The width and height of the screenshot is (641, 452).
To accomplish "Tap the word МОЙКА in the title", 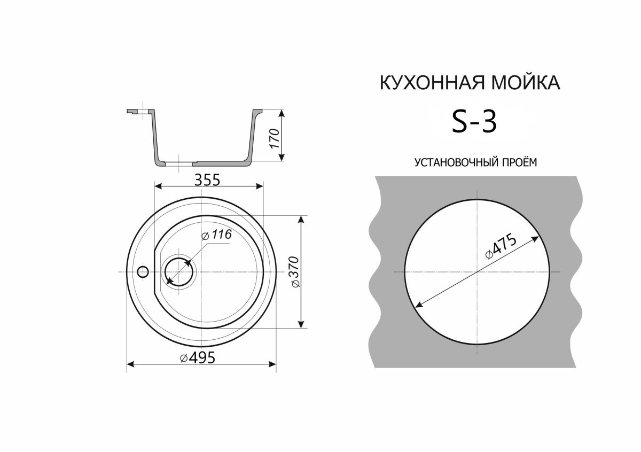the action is (x=526, y=83).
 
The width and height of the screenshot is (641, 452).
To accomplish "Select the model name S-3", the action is (x=474, y=122).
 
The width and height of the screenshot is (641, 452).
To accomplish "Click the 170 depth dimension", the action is (x=275, y=138).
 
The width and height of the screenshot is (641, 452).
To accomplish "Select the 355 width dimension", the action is (x=207, y=180).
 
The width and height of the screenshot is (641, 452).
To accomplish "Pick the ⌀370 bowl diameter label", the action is (x=294, y=271).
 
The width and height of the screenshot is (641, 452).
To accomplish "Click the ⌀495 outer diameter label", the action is (x=198, y=357).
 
